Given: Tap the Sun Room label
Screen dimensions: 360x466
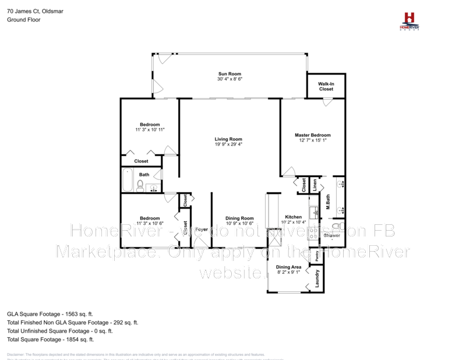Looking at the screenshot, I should [230, 74].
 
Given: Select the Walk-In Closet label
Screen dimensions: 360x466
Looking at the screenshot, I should [326, 87].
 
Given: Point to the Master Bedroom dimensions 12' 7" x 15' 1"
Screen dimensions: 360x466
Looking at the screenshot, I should [312, 140].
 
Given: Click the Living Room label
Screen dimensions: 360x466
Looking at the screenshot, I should [228, 139].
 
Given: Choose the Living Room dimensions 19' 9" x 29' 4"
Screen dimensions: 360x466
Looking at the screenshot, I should [228, 144].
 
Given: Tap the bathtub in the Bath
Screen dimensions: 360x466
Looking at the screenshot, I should [128, 180].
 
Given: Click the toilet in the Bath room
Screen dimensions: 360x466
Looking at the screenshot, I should [140, 185].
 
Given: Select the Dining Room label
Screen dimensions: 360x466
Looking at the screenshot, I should [239, 218].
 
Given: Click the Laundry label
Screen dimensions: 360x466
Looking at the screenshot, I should [317, 279].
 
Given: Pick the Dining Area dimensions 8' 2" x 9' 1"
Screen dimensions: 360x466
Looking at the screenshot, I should [288, 271].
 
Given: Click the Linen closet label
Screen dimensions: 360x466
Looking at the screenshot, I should [315, 185].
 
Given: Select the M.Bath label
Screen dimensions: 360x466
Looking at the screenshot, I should [329, 202].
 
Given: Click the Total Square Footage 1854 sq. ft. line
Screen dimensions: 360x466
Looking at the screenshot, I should [51, 339].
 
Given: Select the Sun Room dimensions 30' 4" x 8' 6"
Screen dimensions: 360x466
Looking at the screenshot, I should [230, 79].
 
